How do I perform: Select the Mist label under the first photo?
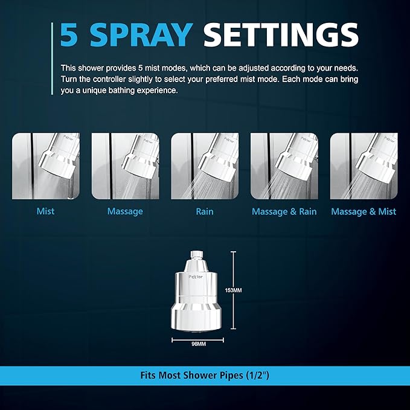coord(45,211)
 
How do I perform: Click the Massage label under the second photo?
coord(125,211)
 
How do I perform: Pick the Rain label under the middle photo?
coord(204,211)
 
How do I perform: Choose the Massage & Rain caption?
coord(284,211)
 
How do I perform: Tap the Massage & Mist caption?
coord(364,211)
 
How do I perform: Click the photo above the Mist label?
coord(46,166)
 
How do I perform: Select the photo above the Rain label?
coord(205,166)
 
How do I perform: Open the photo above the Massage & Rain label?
coord(284,166)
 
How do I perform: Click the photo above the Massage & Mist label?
coord(364,166)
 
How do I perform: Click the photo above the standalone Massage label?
coord(125,166)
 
